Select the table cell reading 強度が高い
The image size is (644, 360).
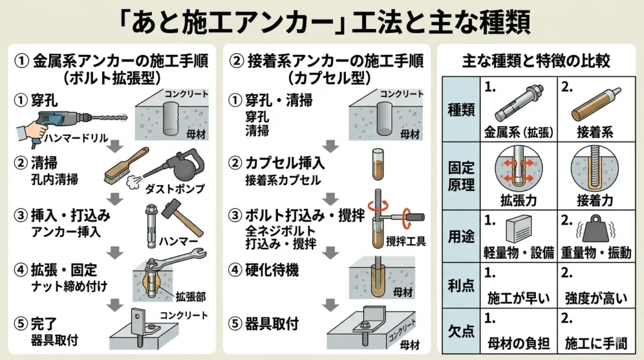tap(593, 297)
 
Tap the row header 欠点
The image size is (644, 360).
tap(462, 331)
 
